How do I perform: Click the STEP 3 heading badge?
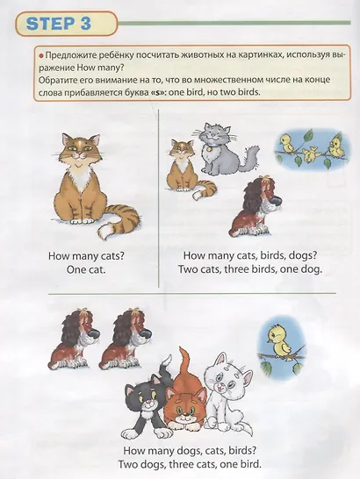pos(66,24)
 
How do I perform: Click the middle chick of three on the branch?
pos(310,154)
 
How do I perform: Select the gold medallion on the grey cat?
pos(208,150)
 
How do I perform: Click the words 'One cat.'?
pos(86,269)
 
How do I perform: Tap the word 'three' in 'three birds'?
pos(237,269)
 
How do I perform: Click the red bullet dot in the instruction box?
pos(41,55)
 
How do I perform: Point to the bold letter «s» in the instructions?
pos(157,91)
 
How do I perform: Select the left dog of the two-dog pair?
pos(75,339)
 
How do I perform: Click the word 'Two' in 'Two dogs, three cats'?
pos(128,464)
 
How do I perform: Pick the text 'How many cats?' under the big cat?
pos(86,256)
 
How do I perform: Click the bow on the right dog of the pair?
pos(133,311)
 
